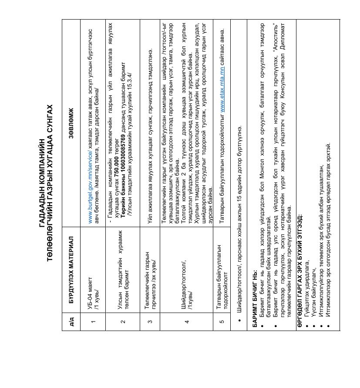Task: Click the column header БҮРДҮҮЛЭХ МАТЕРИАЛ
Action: pos(71,270)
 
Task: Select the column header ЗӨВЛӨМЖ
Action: pos(71,124)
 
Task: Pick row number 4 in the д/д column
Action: pos(187,322)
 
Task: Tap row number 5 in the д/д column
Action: pos(222,322)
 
